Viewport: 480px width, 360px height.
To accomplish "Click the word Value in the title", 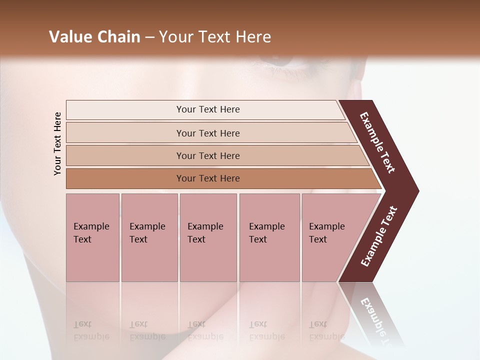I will pos(69,37).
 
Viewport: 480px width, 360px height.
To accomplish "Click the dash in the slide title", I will pos(149,37).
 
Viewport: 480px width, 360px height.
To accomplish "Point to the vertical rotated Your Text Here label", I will pos(57,143).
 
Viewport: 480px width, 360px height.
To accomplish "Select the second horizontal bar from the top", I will pos(207,133).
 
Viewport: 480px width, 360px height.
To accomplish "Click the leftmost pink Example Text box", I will pos(92,237).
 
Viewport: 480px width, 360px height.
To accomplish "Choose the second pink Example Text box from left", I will pos(149,237).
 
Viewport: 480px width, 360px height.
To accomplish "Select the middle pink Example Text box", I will pos(208,237).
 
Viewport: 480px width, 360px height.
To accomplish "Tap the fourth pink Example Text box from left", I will pos(269,237).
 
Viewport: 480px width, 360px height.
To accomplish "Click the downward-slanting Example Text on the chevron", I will pos(377,142).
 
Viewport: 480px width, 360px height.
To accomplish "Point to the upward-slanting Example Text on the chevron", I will pos(378,236).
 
